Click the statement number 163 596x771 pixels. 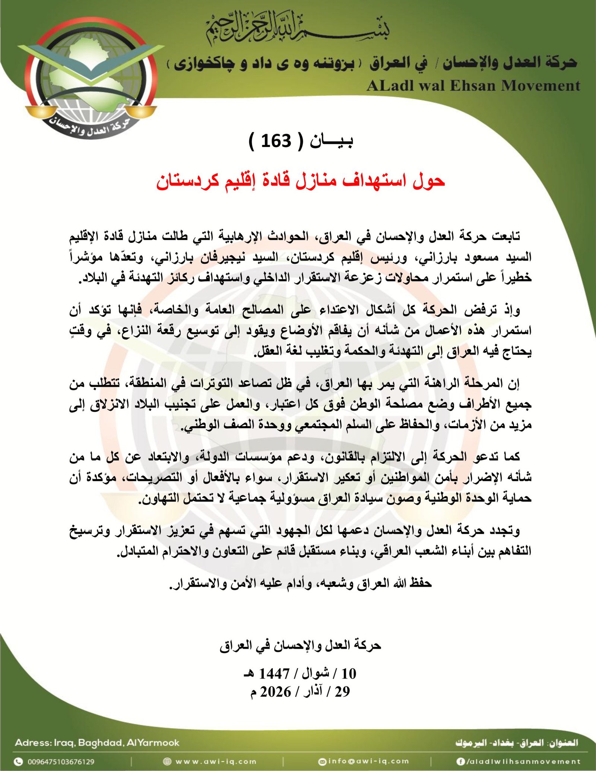coord(276,141)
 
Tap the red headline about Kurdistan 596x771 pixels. coord(301,181)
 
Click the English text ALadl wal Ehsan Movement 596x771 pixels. coord(473,86)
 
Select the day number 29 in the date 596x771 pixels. coord(342,692)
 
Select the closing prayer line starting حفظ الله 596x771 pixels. coord(300,583)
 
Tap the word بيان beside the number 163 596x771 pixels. coord(332,141)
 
